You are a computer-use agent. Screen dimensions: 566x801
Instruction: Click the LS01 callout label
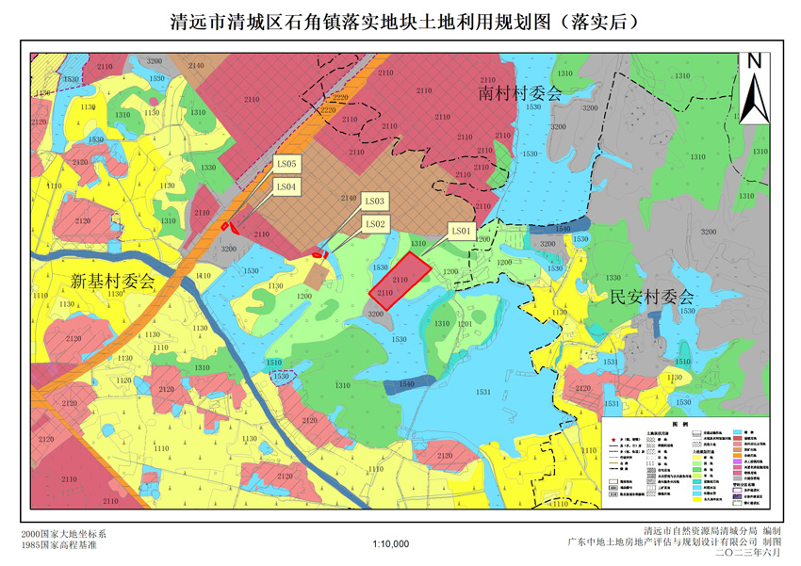coord(460,230)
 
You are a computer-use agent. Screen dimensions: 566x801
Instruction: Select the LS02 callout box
coord(374,224)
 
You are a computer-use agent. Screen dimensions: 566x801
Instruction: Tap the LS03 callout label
coord(374,202)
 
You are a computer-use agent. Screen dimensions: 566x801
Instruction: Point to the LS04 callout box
coord(286,187)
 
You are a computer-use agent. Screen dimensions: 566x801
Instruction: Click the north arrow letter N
coord(754,61)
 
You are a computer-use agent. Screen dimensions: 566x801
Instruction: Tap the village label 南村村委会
coord(518,94)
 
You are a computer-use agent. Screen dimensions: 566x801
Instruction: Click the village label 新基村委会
coord(112,281)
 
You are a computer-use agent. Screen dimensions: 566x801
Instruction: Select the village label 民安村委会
coord(650,297)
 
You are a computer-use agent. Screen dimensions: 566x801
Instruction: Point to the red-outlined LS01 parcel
coord(400,280)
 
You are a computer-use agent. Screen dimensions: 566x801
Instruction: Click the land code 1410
coord(203,276)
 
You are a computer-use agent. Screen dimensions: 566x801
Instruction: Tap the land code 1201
coord(465,323)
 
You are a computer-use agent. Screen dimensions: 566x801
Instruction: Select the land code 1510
coord(273,363)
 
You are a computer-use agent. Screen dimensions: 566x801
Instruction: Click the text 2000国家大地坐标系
coord(64,534)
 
